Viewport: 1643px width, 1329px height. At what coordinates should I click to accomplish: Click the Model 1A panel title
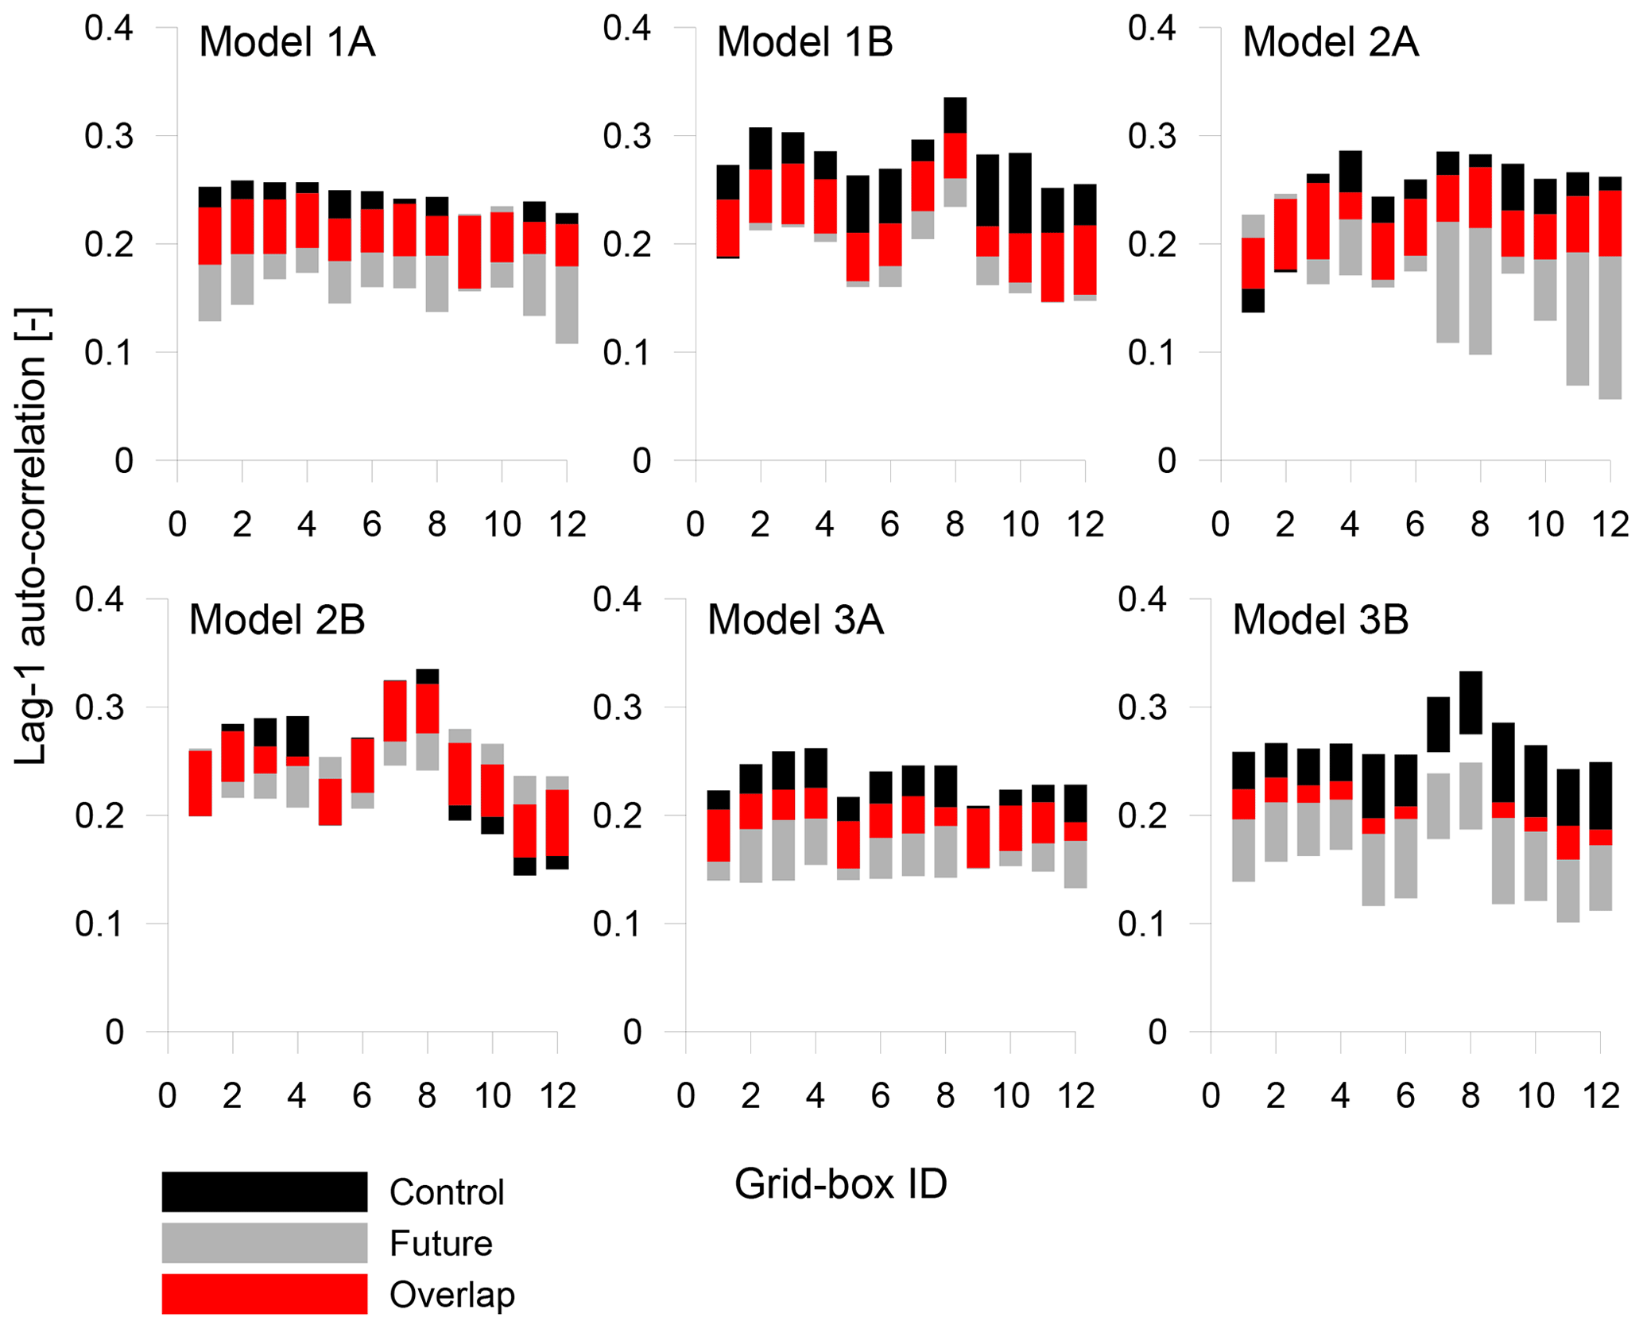point(286,42)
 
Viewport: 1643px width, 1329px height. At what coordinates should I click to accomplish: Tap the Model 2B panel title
point(277,620)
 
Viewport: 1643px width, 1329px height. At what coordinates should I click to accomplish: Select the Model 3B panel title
point(1320,620)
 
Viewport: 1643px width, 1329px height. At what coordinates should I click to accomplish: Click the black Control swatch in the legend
point(264,1191)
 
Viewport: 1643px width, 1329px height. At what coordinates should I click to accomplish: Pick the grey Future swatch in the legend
point(264,1243)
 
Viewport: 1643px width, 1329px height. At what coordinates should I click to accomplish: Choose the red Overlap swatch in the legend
point(264,1294)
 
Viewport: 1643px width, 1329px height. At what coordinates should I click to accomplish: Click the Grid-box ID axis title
point(840,1184)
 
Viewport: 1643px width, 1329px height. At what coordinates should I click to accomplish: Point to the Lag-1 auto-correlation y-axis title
point(32,537)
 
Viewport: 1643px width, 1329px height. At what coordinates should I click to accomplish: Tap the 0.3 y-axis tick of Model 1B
point(626,136)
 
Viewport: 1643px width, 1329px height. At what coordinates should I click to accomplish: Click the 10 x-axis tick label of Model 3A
point(1010,1096)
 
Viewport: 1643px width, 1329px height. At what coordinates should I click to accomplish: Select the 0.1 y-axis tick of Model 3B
point(1142,924)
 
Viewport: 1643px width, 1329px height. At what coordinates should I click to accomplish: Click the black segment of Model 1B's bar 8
point(955,115)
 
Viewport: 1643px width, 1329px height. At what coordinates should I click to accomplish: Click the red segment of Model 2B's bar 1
point(200,783)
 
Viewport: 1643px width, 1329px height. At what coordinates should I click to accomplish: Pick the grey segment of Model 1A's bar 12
point(567,304)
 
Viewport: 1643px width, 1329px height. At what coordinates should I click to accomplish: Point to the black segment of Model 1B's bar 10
point(1020,193)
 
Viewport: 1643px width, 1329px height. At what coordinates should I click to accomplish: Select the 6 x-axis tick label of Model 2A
point(1415,525)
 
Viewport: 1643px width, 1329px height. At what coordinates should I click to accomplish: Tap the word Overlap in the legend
point(451,1295)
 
